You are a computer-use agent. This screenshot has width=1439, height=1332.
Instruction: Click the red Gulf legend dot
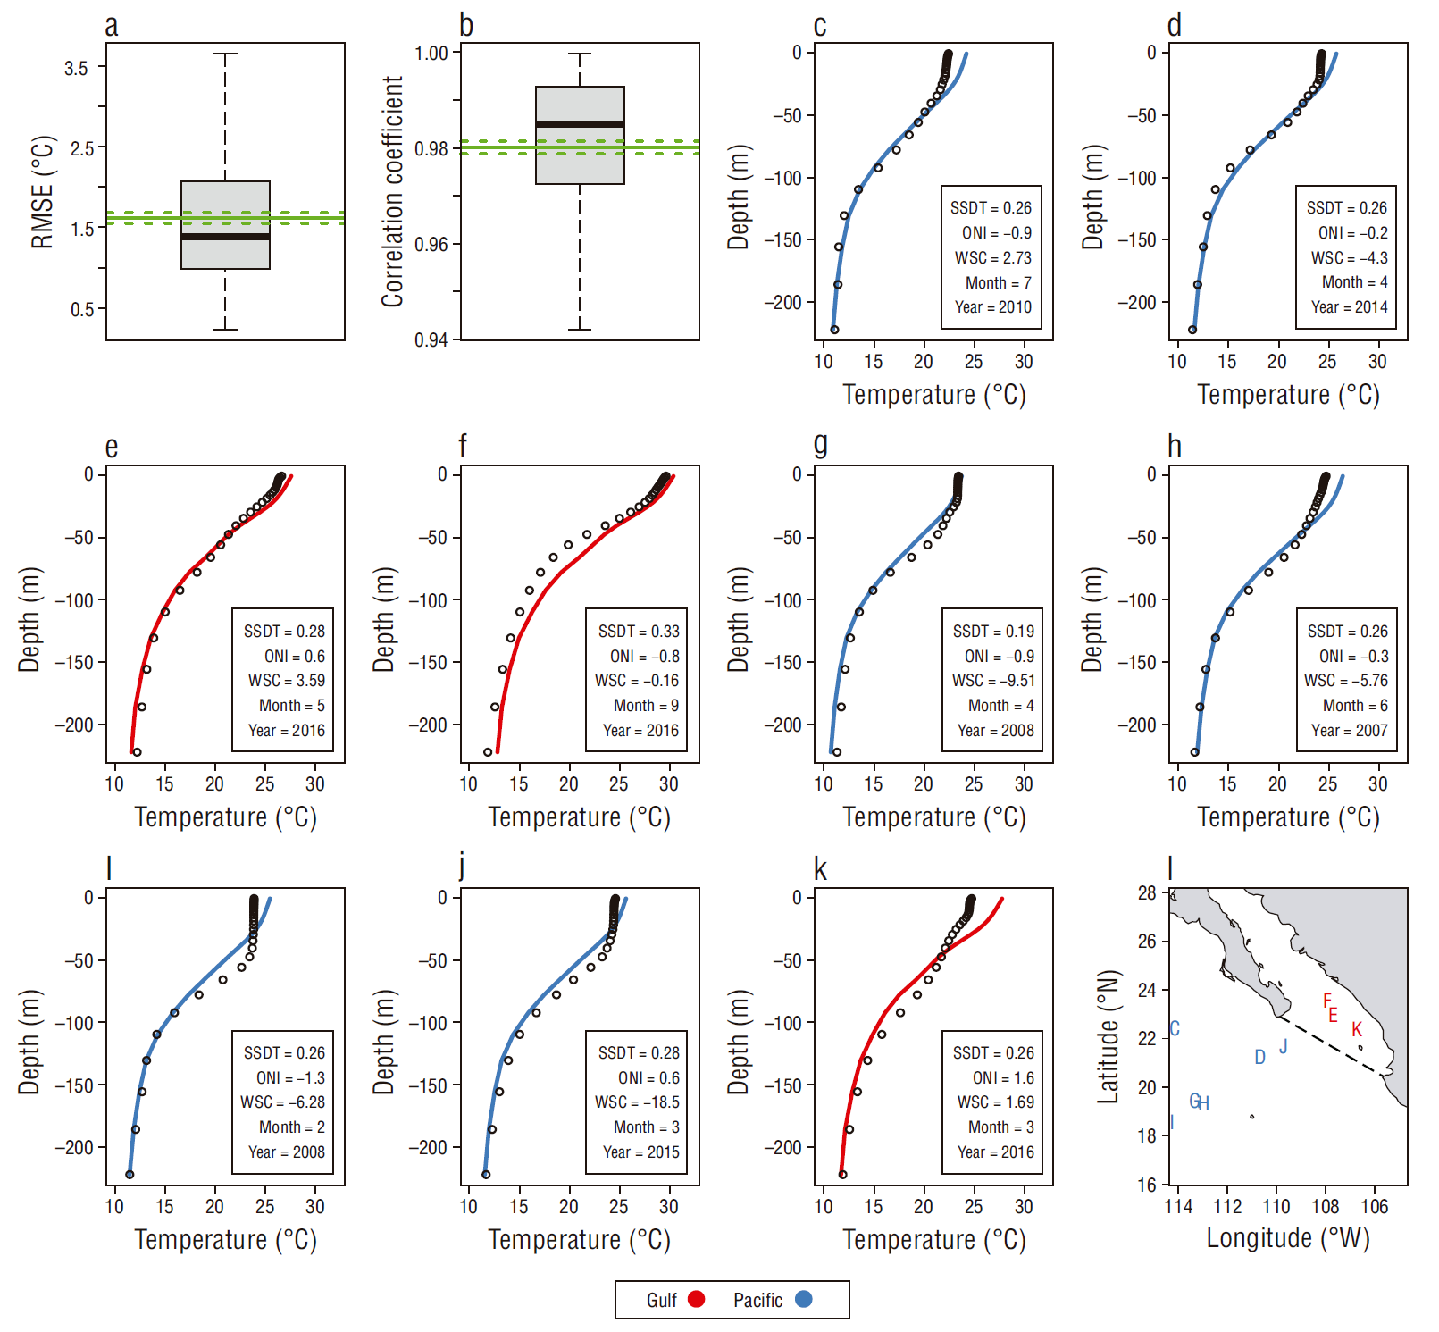[697, 1299]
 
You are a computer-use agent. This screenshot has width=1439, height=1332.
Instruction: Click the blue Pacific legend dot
[804, 1299]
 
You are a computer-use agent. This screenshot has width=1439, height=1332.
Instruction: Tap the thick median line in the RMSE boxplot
[225, 237]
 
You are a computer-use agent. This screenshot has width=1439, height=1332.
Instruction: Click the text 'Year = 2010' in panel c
[992, 307]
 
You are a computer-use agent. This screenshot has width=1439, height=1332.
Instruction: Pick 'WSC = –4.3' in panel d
[1349, 257]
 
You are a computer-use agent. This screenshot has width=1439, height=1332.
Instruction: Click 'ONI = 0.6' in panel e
[295, 656]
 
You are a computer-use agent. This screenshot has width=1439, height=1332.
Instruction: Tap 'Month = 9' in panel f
[646, 706]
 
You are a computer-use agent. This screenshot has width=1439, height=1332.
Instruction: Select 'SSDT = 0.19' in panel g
[993, 631]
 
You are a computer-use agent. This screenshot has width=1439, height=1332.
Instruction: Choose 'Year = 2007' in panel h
[1349, 731]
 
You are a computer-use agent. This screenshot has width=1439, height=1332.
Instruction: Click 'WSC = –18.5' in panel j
[637, 1102]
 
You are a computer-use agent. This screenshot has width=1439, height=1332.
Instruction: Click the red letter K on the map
[1357, 1030]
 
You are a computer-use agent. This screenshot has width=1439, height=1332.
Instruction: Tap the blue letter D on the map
[1259, 1058]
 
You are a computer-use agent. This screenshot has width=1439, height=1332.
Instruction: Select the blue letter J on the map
[1284, 1046]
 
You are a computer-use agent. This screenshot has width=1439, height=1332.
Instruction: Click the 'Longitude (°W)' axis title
[1287, 1238]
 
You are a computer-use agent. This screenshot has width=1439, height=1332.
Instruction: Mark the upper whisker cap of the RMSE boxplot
[225, 54]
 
